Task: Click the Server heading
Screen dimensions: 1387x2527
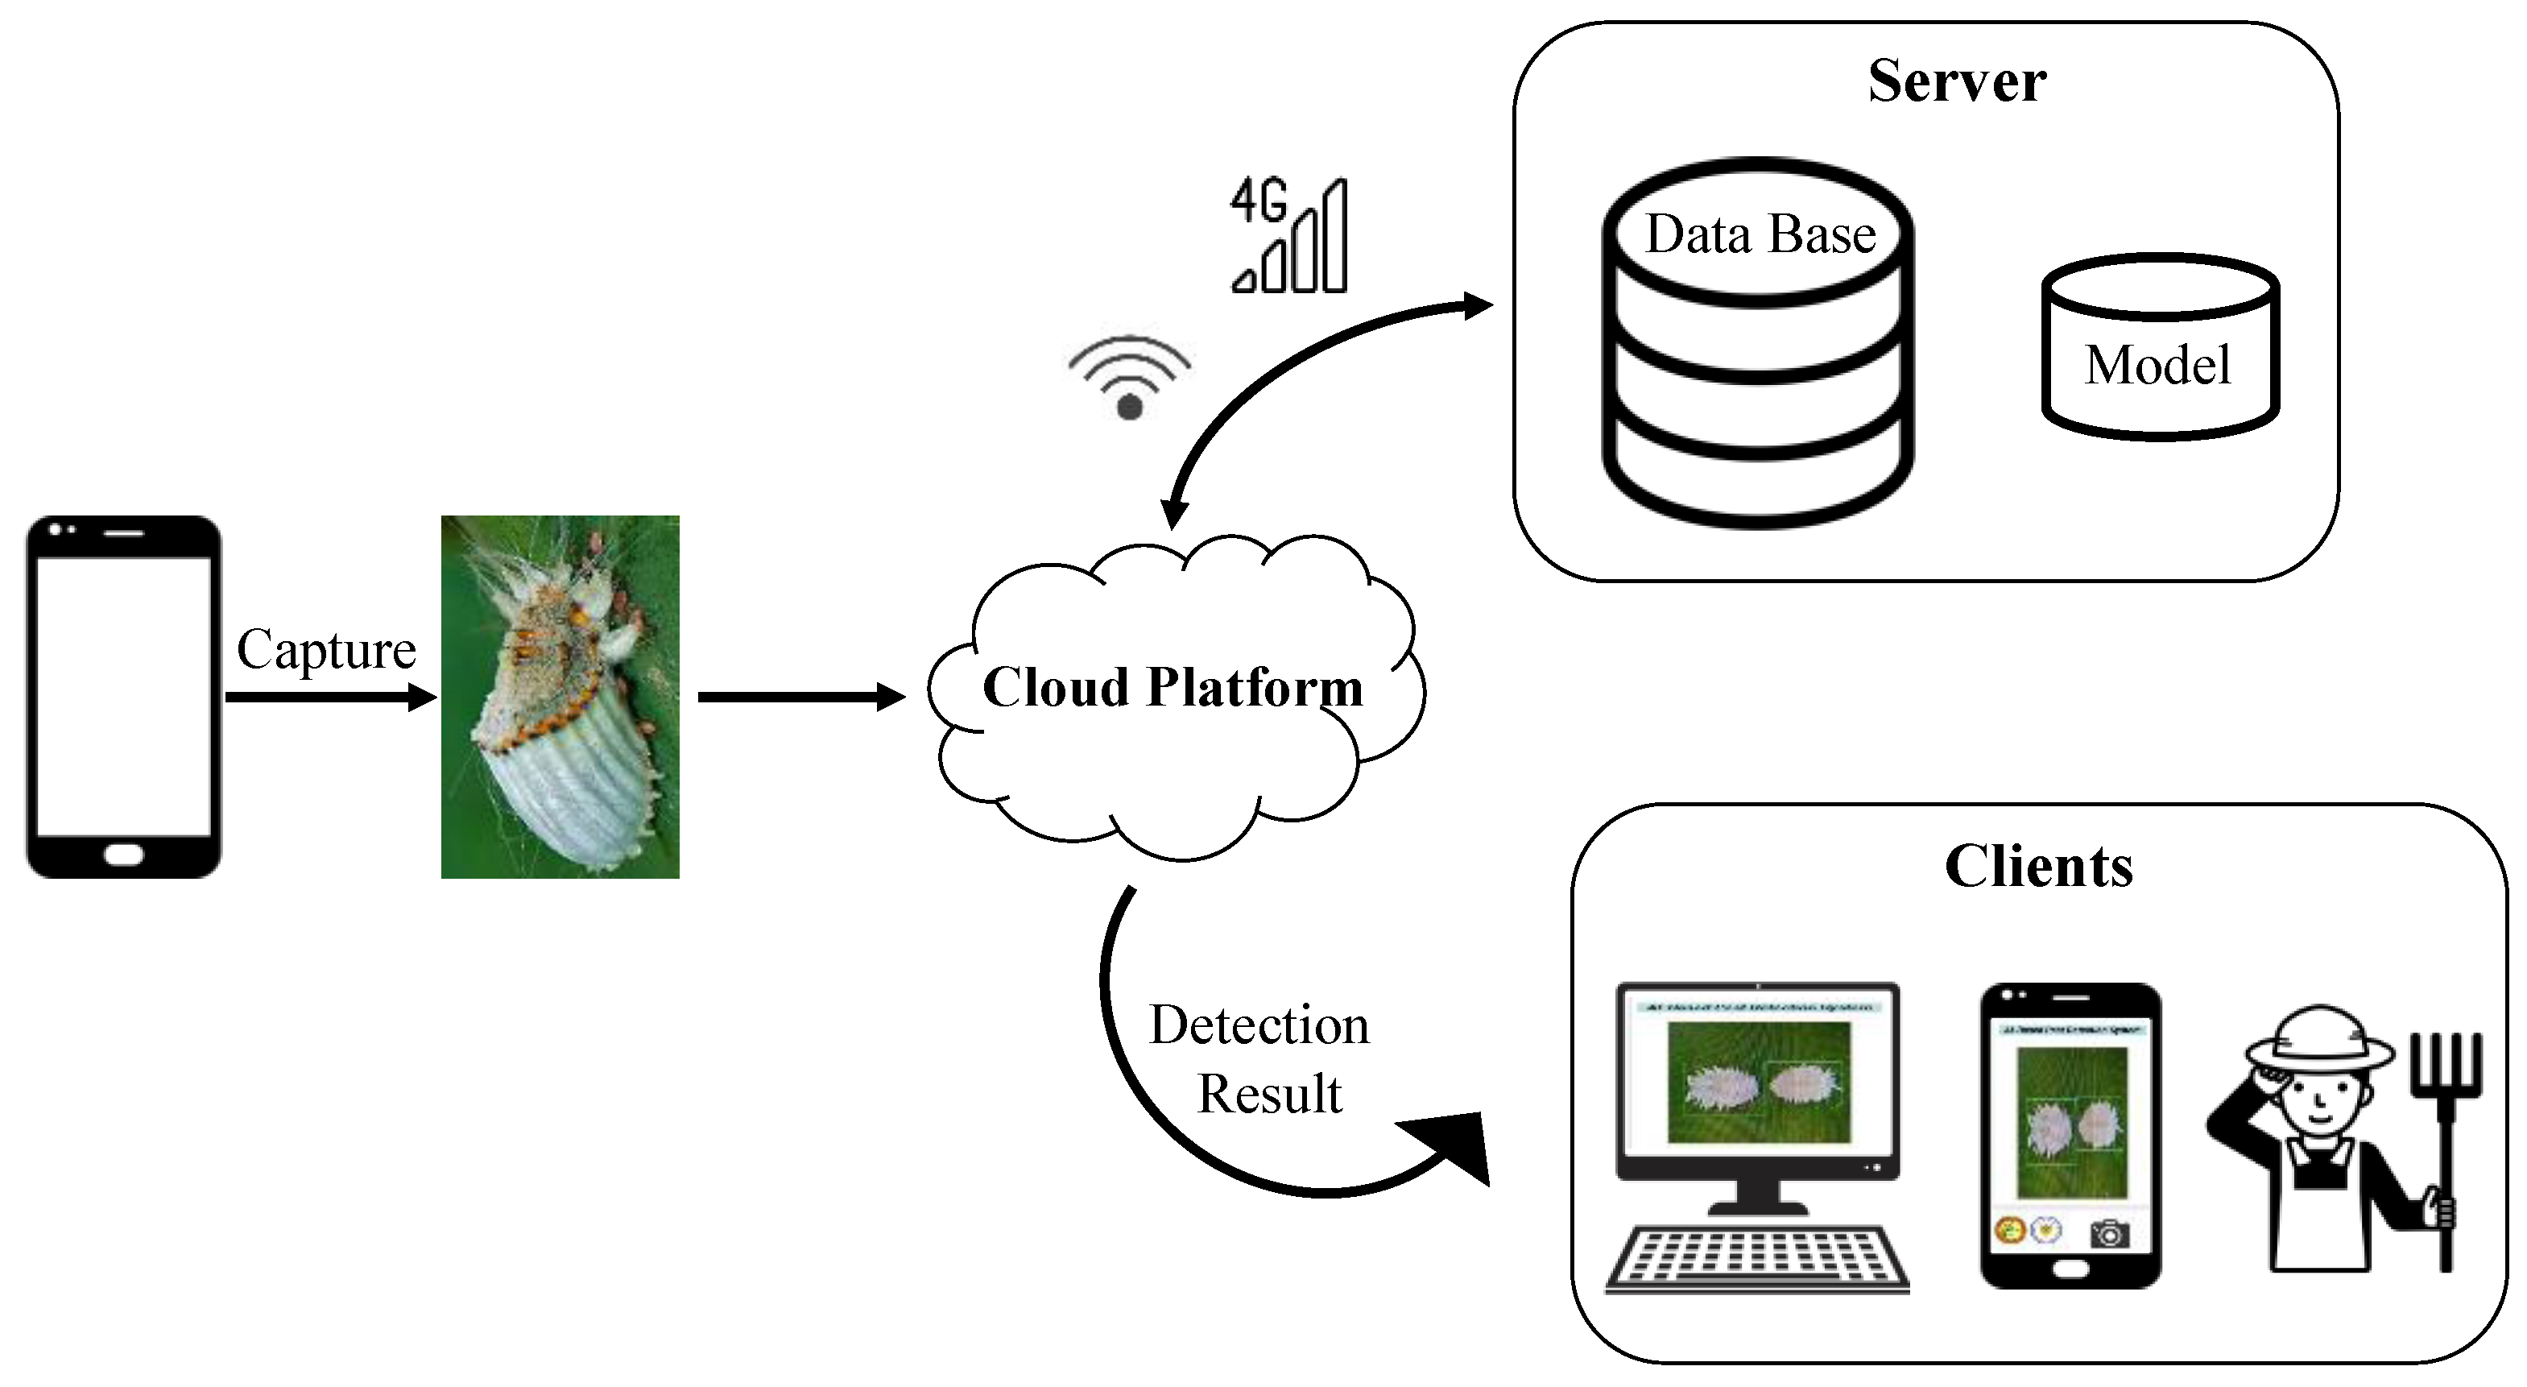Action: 1956,81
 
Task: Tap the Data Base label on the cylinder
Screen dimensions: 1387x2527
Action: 1760,234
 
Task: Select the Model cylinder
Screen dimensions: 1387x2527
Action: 2159,348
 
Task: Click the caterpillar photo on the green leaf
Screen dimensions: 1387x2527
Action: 560,697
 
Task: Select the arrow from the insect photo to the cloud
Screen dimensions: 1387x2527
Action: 800,698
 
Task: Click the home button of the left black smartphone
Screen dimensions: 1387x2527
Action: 123,855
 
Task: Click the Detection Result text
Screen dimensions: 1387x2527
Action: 1259,1059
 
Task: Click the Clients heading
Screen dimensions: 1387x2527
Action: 2038,866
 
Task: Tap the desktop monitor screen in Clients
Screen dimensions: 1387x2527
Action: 1758,1079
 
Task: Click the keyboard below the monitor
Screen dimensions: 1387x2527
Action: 1757,1260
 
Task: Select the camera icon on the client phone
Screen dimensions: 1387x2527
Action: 2109,1232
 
